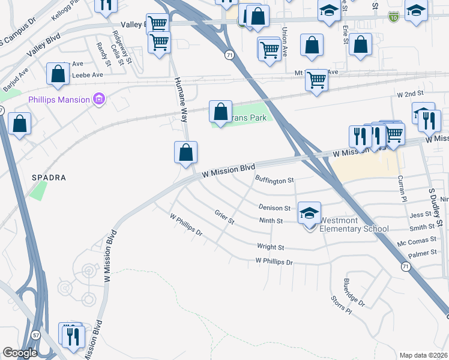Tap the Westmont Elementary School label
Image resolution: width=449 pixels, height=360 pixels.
pos(354,224)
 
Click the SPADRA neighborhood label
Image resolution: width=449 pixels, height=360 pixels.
pos(49,178)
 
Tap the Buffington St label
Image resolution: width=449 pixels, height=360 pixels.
pos(274,180)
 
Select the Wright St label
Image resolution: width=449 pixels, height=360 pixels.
pos(270,247)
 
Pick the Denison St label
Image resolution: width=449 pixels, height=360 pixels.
pos(274,208)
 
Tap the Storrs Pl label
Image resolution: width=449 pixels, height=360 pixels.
pos(340,304)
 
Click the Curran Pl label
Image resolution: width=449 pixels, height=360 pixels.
pos(403,189)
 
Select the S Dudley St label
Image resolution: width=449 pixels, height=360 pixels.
pos(435,207)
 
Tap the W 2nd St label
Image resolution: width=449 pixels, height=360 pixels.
pos(411,94)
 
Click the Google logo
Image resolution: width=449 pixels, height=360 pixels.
pos(19,353)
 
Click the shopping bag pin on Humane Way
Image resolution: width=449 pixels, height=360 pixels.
pos(186,153)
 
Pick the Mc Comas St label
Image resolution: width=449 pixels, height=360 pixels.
pos(417,241)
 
